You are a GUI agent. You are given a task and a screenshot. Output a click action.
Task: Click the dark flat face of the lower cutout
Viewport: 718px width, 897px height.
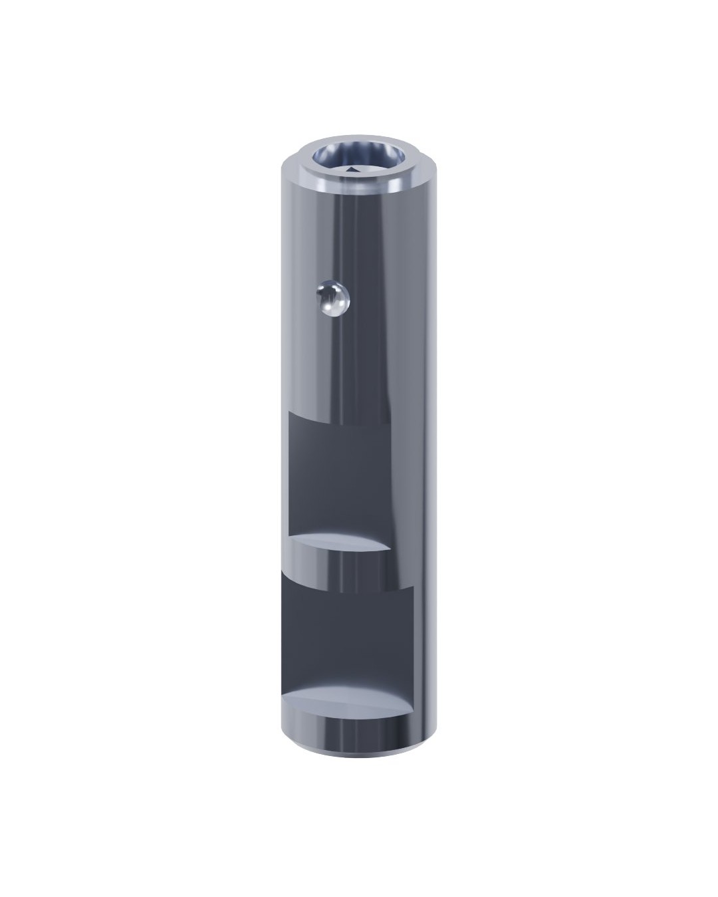(346, 632)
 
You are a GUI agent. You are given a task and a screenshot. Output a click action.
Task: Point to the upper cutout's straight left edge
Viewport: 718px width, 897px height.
(289, 479)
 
